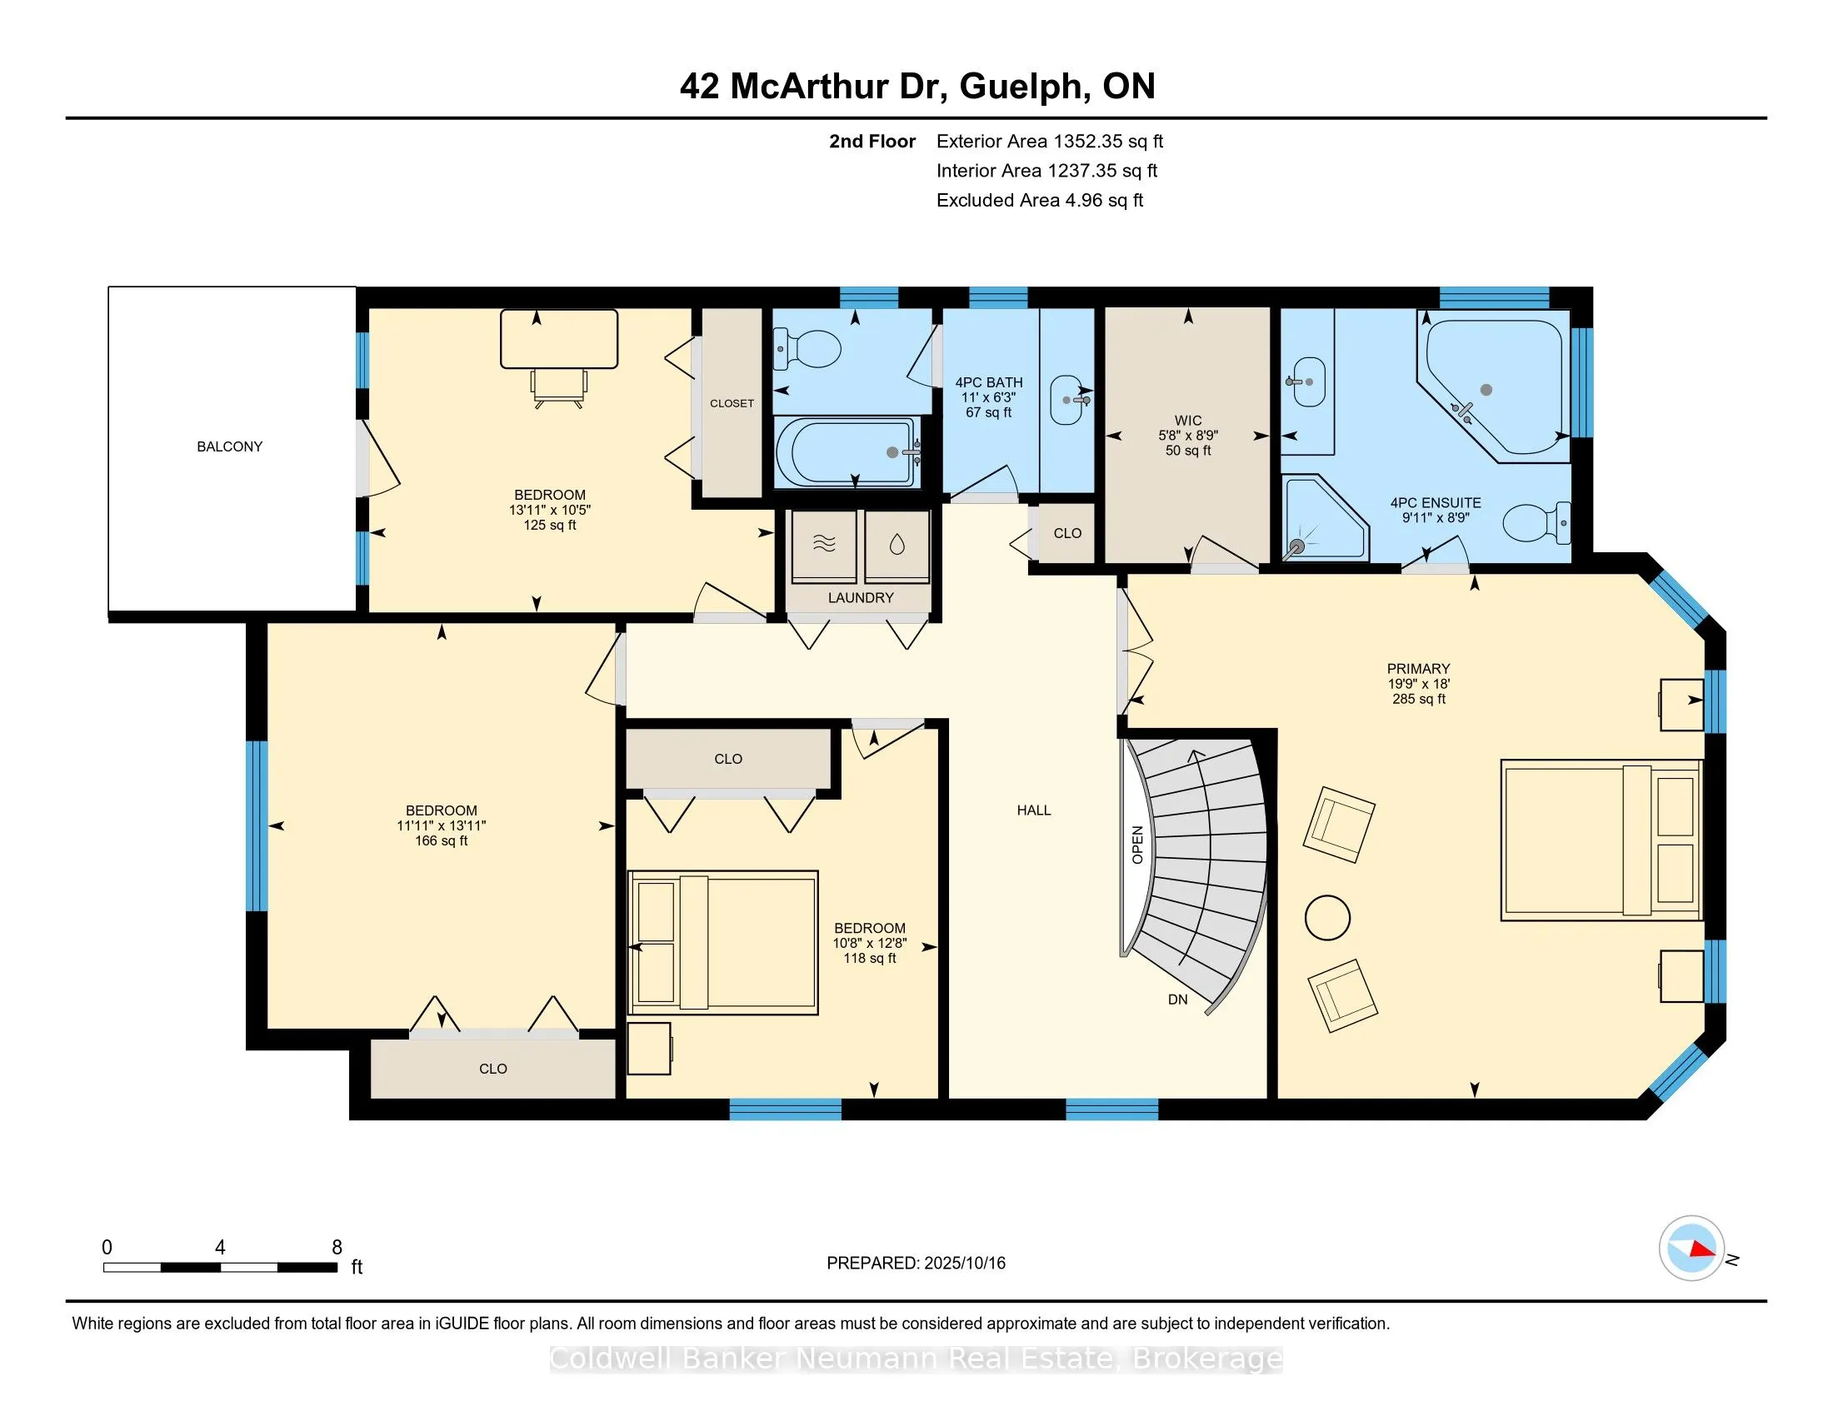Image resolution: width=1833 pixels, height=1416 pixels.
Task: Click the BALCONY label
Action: tap(229, 446)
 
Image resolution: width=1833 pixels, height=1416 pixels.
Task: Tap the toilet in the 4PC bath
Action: tap(807, 348)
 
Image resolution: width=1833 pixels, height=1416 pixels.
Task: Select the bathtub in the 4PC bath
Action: tap(847, 452)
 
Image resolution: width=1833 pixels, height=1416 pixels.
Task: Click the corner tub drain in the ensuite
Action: tap(1486, 390)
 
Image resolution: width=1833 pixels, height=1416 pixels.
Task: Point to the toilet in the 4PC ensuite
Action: tap(1536, 522)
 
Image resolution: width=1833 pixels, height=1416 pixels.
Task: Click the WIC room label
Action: tap(1187, 421)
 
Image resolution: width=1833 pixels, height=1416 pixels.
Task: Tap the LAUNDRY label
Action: tap(861, 597)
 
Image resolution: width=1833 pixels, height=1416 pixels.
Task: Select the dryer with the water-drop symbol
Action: tap(897, 546)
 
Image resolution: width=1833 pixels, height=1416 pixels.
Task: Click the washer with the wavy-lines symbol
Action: tap(824, 546)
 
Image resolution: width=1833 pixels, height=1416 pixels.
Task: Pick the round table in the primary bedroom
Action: tap(1328, 918)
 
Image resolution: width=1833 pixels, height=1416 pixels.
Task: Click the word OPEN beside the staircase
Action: tap(1137, 845)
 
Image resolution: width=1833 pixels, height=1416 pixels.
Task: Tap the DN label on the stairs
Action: tap(1177, 999)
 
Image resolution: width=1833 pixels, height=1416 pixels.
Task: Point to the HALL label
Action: tap(1034, 810)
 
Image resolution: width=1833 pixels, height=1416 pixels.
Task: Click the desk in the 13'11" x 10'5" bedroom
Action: tap(559, 339)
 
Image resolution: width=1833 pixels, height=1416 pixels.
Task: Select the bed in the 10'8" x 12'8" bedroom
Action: tap(722, 940)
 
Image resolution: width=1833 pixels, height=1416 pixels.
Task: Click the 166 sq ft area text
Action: tap(442, 840)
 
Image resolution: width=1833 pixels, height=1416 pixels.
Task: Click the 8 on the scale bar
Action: tap(337, 1248)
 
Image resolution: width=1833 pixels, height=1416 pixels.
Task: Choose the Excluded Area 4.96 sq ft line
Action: tap(1040, 200)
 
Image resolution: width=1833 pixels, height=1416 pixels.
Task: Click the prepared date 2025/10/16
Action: tap(964, 1263)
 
